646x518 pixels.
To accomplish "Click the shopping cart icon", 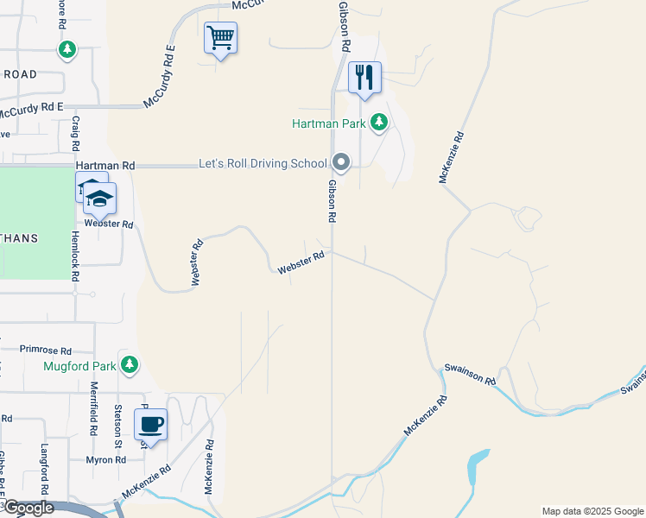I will (220, 38).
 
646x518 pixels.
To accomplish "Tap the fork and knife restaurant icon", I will (364, 77).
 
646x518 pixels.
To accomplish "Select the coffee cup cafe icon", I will (151, 425).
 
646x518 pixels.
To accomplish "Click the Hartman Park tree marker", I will (378, 123).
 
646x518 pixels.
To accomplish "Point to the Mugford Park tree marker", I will (130, 364).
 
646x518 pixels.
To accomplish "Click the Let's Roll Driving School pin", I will (341, 162).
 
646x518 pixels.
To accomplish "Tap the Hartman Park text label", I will (328, 124).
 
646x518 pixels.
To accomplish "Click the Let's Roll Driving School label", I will (263, 163).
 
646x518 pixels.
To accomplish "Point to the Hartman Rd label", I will (105, 165).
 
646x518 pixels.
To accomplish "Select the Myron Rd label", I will (106, 460).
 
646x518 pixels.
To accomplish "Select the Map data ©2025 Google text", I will (592, 511).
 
